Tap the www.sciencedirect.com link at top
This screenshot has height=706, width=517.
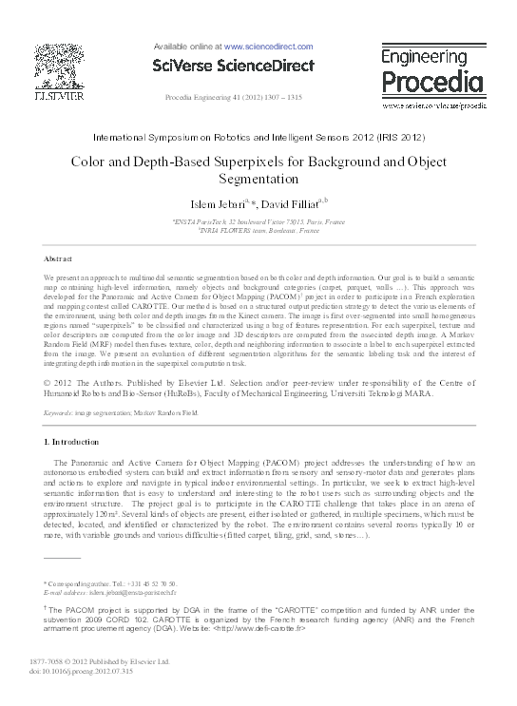click(x=269, y=46)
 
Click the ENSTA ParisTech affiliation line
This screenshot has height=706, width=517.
click(x=258, y=220)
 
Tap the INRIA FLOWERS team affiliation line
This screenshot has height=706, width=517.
click(x=258, y=230)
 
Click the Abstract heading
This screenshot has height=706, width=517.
click(x=59, y=258)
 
